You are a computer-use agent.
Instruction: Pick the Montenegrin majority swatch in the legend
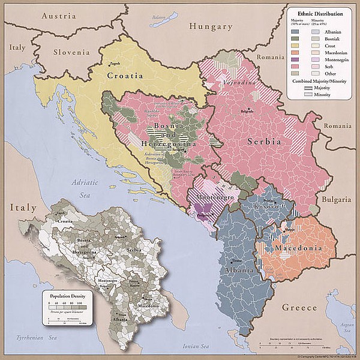(295, 59)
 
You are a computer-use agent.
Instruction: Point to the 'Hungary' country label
(210, 26)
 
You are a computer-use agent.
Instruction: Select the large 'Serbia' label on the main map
(263, 142)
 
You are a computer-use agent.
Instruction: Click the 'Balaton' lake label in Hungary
(158, 18)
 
